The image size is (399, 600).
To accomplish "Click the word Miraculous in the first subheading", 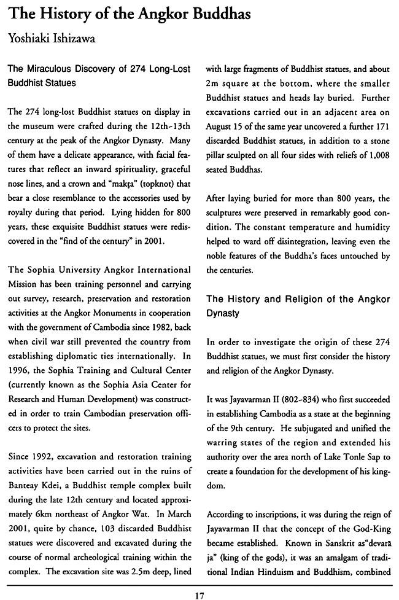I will pos(58,69).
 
